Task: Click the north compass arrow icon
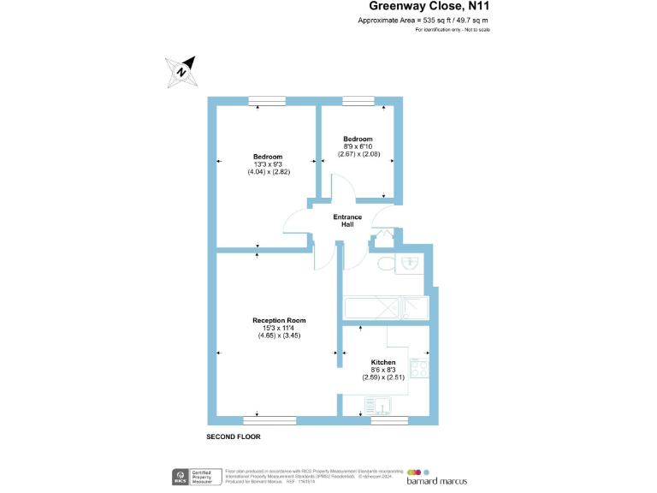coord(182,69)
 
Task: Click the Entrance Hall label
coord(347,220)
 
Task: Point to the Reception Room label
coord(279,320)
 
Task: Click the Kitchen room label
coord(382,362)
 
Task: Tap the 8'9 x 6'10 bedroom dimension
coord(358,146)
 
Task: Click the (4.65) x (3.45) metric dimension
coord(279,335)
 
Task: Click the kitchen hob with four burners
coord(419,369)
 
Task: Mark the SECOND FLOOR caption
coord(233,437)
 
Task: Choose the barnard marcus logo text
coord(436,480)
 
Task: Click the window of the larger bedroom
coord(266,101)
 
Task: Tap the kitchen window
coord(389,419)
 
